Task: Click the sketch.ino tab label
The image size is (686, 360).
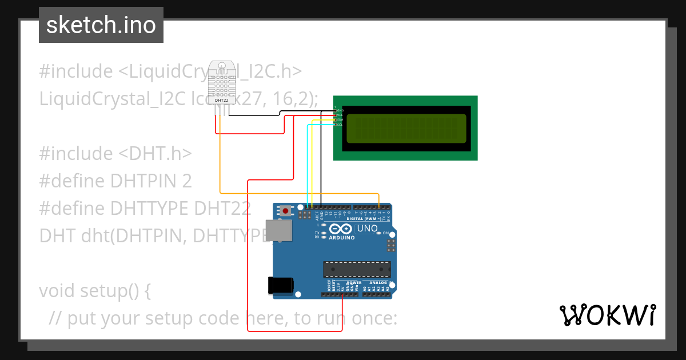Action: click(x=101, y=25)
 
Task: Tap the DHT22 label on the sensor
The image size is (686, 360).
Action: click(x=221, y=101)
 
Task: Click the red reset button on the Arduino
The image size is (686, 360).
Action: click(x=285, y=211)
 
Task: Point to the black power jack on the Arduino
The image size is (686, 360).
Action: click(x=281, y=285)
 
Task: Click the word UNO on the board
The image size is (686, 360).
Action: click(x=368, y=229)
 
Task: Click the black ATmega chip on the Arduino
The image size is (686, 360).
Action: click(x=357, y=269)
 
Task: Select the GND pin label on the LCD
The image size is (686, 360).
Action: click(x=340, y=110)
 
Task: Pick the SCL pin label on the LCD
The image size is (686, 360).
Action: click(x=340, y=124)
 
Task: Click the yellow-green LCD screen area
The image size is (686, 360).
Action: click(x=406, y=128)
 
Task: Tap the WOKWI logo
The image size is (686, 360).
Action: click(x=608, y=315)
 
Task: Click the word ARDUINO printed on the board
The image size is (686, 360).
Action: click(x=342, y=237)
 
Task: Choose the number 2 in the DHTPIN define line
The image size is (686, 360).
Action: click(x=186, y=181)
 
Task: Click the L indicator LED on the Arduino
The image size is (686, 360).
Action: click(x=324, y=225)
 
